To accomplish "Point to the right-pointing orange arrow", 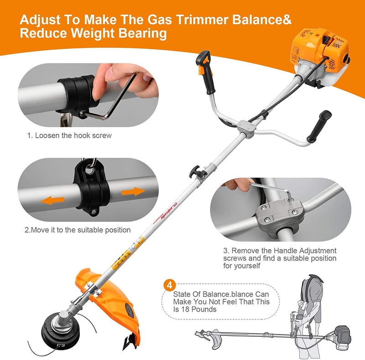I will (x=133, y=191).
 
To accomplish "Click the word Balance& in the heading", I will (x=265, y=20).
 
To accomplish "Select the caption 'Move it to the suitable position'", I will (x=78, y=230).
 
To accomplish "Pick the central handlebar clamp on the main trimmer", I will (x=247, y=128).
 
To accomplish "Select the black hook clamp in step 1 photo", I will (x=75, y=96).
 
